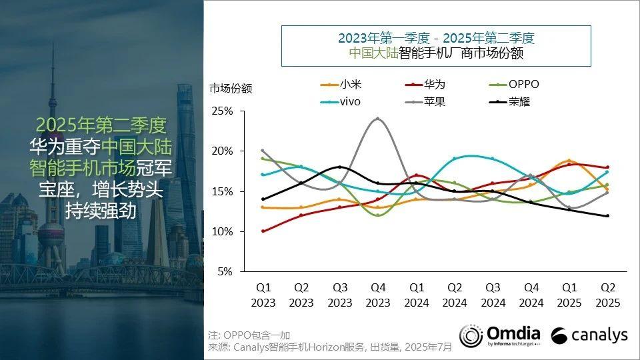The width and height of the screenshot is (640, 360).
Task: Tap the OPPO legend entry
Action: [513, 85]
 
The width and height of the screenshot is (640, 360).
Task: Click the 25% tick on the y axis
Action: [223, 111]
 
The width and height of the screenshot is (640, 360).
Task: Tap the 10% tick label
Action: [223, 231]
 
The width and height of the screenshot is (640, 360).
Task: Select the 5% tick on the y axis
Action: [225, 272]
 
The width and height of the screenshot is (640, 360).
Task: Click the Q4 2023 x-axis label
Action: [378, 295]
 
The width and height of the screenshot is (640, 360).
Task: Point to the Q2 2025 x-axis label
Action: [607, 295]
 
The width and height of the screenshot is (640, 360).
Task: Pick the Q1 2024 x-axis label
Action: [416, 295]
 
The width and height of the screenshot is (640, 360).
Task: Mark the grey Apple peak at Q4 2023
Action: [378, 119]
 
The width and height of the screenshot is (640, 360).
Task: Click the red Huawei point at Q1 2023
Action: [263, 231]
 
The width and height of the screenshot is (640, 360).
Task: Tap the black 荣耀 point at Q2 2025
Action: [607, 215]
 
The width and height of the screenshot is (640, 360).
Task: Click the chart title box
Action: [436, 45]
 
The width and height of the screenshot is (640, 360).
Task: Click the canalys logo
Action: [589, 335]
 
